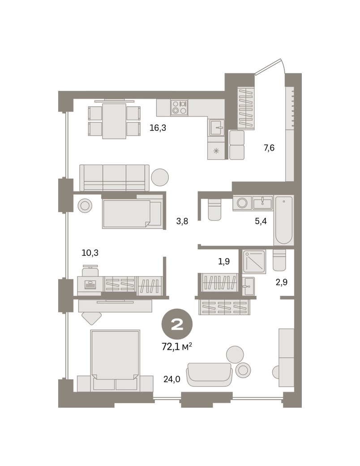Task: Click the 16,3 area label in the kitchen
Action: [158, 128]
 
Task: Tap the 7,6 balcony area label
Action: [269, 148]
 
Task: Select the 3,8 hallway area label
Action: [182, 221]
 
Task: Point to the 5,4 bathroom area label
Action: [261, 221]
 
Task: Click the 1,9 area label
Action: [224, 262]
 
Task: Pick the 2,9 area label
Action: [281, 282]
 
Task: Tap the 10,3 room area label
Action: [90, 253]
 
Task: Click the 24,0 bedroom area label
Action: [172, 379]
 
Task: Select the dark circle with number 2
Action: [177, 324]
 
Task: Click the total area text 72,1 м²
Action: [177, 346]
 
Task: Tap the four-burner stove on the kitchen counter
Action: [179, 108]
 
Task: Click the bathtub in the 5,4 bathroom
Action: [284, 220]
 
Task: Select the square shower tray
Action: [254, 262]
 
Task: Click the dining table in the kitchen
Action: [114, 121]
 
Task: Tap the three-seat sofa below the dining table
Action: [114, 178]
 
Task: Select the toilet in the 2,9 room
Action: [279, 260]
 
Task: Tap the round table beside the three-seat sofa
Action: [160, 177]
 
